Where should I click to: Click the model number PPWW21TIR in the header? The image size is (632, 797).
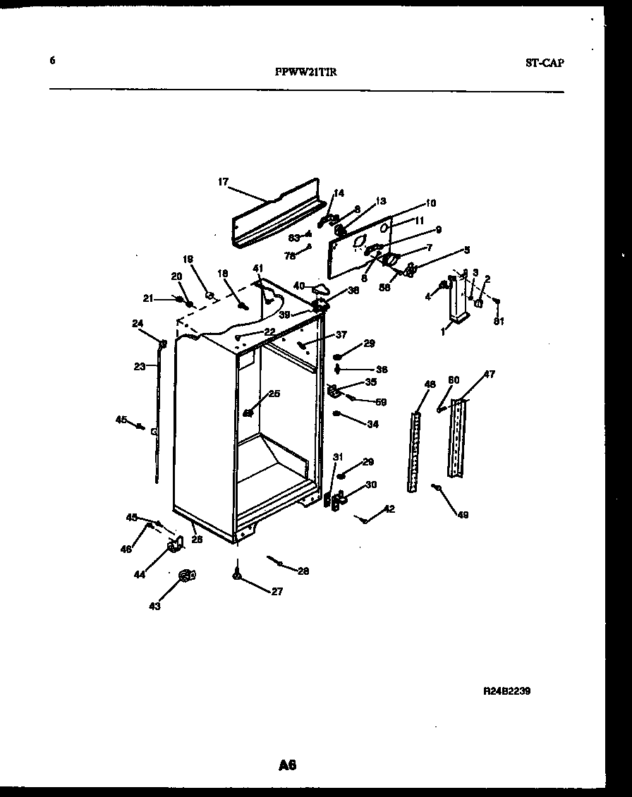pyautogui.click(x=305, y=71)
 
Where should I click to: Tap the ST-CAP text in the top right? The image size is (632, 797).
pyautogui.click(x=545, y=62)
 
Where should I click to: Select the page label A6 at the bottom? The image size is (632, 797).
pyautogui.click(x=287, y=765)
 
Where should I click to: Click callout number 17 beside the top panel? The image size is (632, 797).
pyautogui.click(x=223, y=182)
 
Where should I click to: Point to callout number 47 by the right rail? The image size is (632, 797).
pyautogui.click(x=489, y=375)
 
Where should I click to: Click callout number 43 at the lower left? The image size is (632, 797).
pyautogui.click(x=154, y=606)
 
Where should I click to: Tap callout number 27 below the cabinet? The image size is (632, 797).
pyautogui.click(x=276, y=592)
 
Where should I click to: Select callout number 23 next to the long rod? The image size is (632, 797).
pyautogui.click(x=140, y=366)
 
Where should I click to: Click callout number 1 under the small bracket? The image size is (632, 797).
pyautogui.click(x=444, y=330)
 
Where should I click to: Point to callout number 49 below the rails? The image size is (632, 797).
pyautogui.click(x=463, y=515)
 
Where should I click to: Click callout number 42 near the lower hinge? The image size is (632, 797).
pyautogui.click(x=389, y=509)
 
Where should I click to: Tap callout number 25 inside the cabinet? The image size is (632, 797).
pyautogui.click(x=274, y=394)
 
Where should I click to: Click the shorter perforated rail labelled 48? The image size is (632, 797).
pyautogui.click(x=413, y=451)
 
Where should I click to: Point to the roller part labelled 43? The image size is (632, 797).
pyautogui.click(x=187, y=577)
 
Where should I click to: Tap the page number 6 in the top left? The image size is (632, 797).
pyautogui.click(x=51, y=61)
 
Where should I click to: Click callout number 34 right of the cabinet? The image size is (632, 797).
pyautogui.click(x=372, y=424)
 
